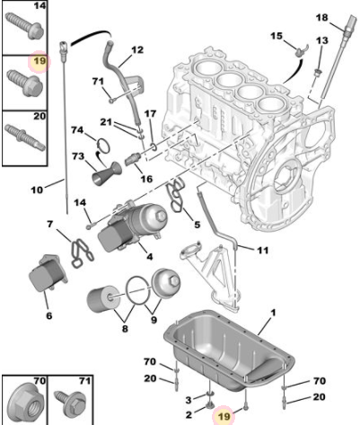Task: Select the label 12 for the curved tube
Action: pyautogui.click(x=137, y=49)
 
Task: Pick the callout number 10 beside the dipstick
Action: pyautogui.click(x=36, y=190)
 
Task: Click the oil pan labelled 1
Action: pyautogui.click(x=224, y=355)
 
